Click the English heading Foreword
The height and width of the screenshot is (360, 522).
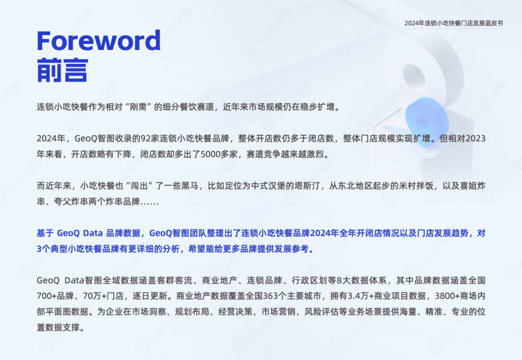pos(98,41)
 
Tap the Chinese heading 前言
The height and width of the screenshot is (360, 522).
pos(63,69)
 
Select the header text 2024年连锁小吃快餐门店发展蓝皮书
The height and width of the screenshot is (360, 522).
pos(454,23)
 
